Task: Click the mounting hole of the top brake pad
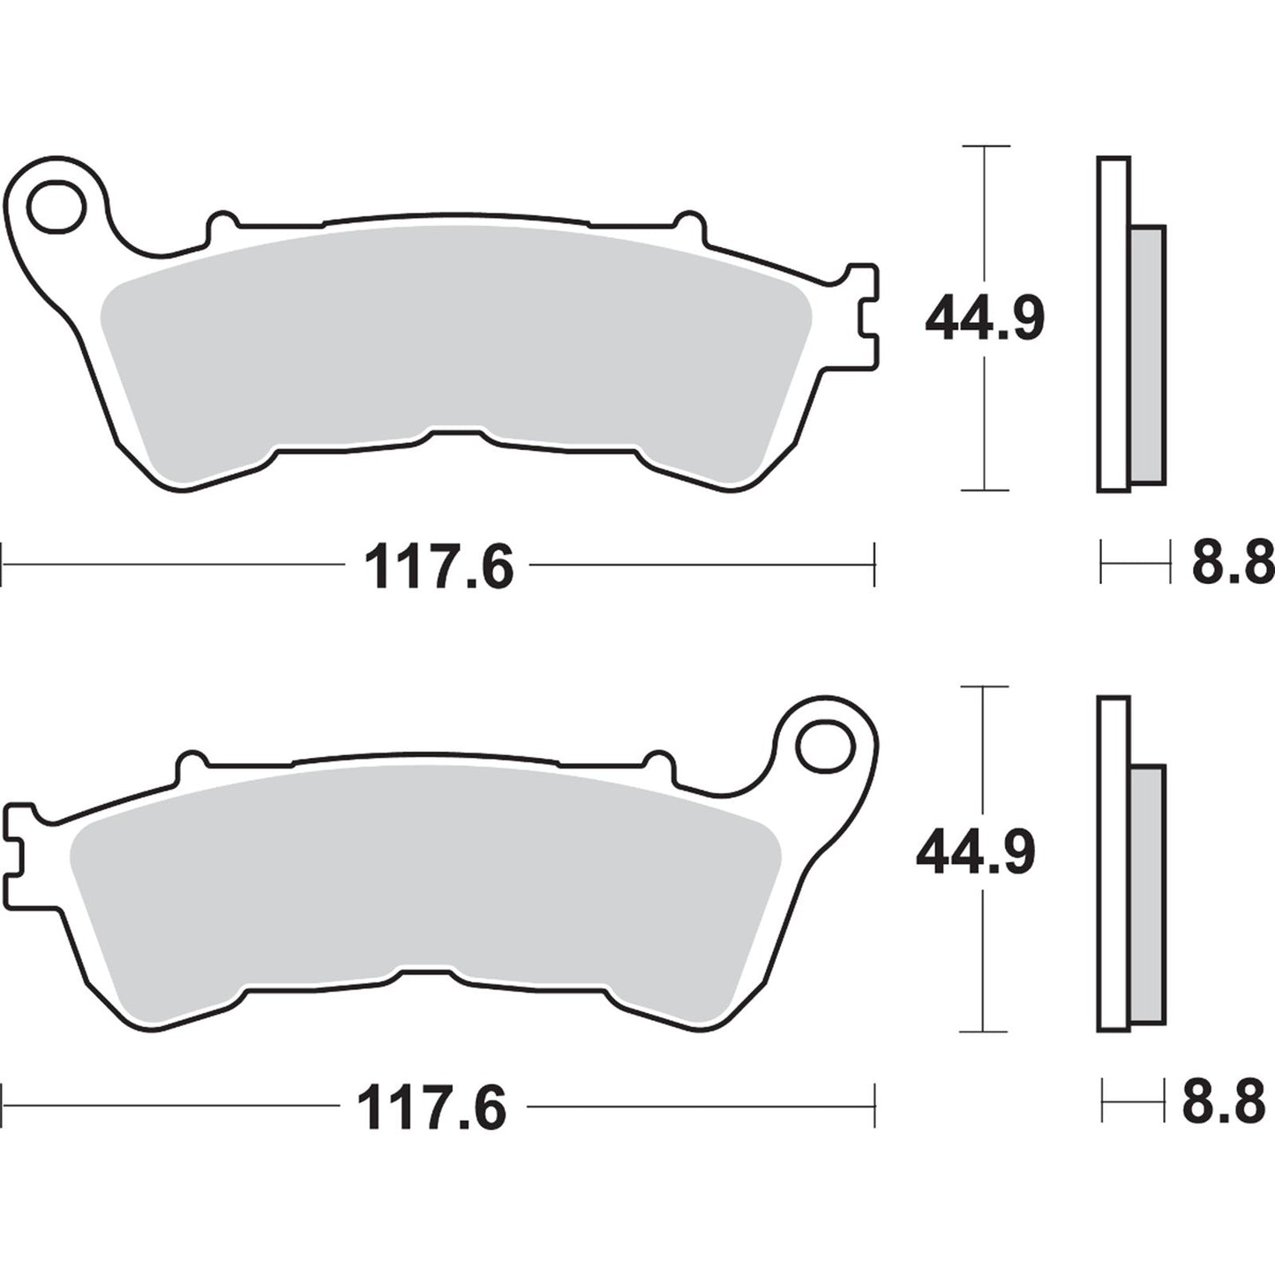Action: (x=56, y=207)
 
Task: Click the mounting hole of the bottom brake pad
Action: (x=826, y=748)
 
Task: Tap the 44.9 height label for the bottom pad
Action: (x=975, y=853)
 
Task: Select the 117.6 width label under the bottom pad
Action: (x=431, y=1108)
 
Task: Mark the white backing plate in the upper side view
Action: (x=1114, y=324)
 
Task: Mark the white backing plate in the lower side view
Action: (x=1114, y=863)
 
